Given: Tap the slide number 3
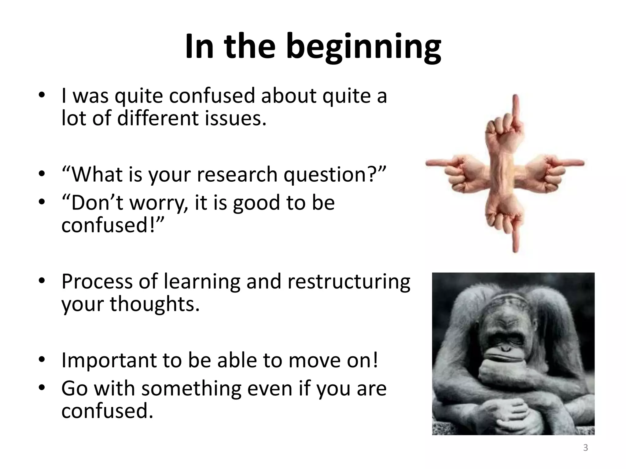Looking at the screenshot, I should tap(585, 448).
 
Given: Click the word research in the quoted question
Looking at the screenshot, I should tap(237, 175).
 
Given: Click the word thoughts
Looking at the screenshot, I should tap(155, 304).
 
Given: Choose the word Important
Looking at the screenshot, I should tap(109, 361).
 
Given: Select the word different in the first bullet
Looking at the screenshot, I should tap(157, 118).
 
